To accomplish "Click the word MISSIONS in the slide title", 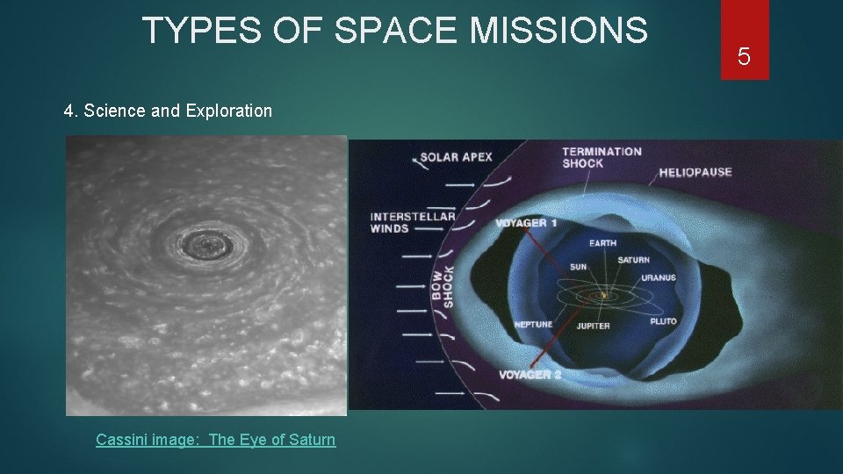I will point(558,31).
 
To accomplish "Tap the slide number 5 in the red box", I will point(744,57).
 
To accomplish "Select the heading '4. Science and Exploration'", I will point(168,111).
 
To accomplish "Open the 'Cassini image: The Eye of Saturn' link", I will point(215,439).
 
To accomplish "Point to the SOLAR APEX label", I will point(456,158).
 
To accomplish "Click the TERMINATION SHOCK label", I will point(602,157).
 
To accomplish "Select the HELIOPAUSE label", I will point(695,172).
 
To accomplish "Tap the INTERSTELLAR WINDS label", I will point(413,222).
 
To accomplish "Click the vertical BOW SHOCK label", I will point(443,285).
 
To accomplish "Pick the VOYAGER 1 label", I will point(526,223).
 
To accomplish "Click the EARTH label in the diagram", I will point(602,243).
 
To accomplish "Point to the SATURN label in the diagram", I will point(633,260).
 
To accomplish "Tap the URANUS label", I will point(658,277).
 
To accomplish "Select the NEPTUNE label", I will point(533,325).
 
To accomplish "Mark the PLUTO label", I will point(663,321).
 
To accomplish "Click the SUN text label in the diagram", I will point(578,266).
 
